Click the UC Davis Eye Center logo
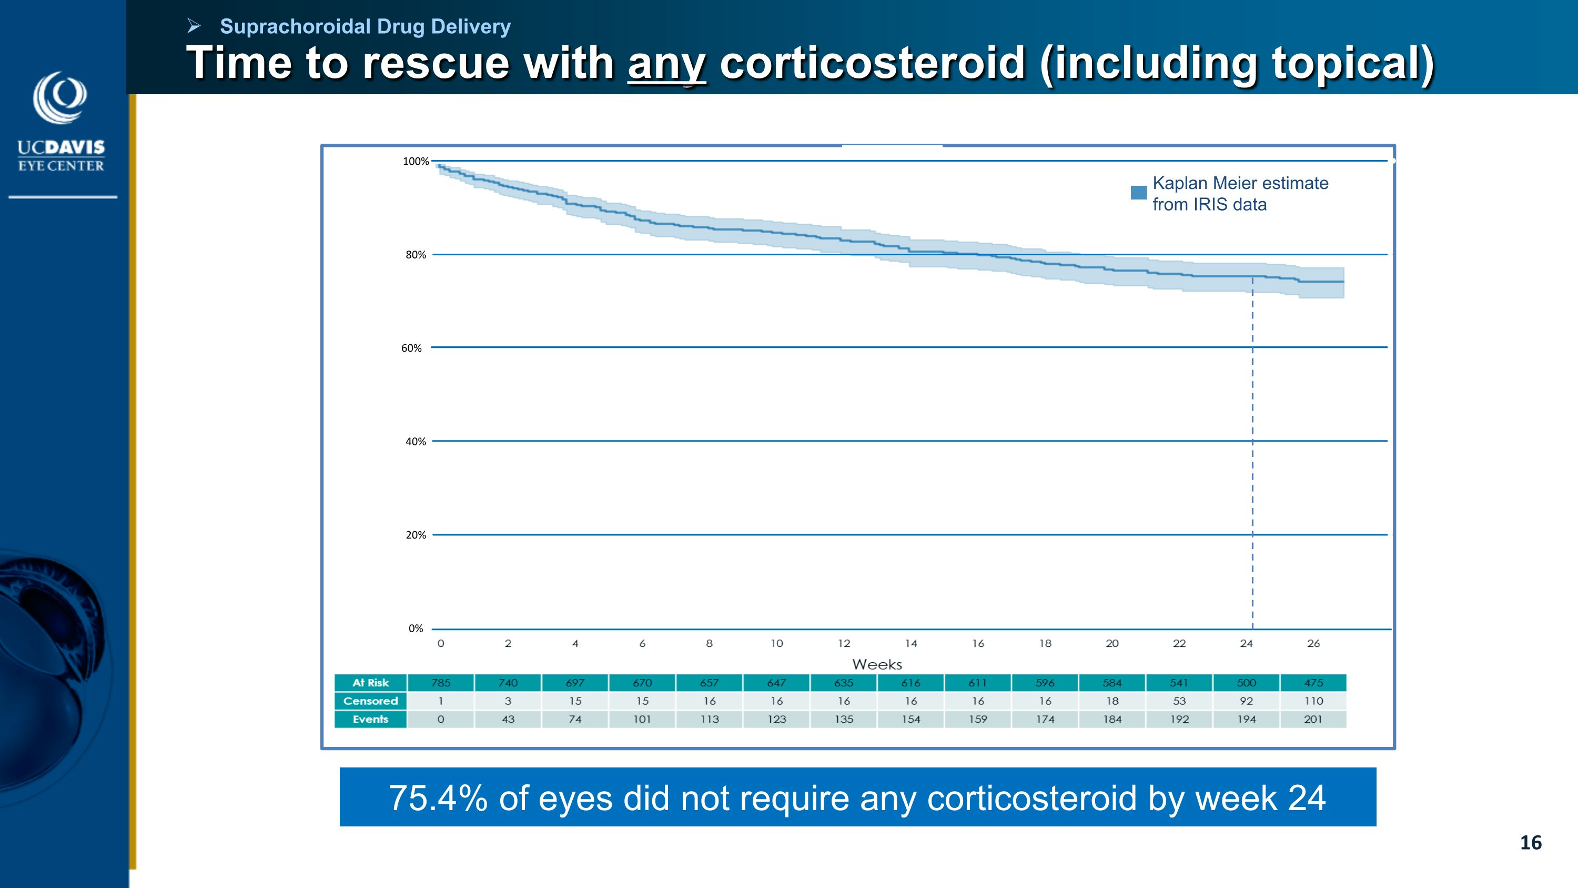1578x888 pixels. point(60,122)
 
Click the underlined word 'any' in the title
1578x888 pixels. point(666,63)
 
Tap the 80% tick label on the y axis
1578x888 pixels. point(416,255)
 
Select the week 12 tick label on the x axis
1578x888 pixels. point(844,643)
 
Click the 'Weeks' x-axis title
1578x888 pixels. point(877,664)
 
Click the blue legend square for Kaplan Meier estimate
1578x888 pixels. point(1138,193)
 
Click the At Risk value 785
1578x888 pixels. point(440,683)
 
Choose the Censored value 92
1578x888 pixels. point(1246,701)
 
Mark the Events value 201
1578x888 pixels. point(1313,720)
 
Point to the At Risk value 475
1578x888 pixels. point(1313,683)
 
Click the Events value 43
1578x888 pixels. point(508,720)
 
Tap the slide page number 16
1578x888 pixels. point(1530,843)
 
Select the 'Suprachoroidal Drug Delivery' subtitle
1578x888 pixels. point(365,26)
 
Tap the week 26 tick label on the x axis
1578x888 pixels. point(1313,643)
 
